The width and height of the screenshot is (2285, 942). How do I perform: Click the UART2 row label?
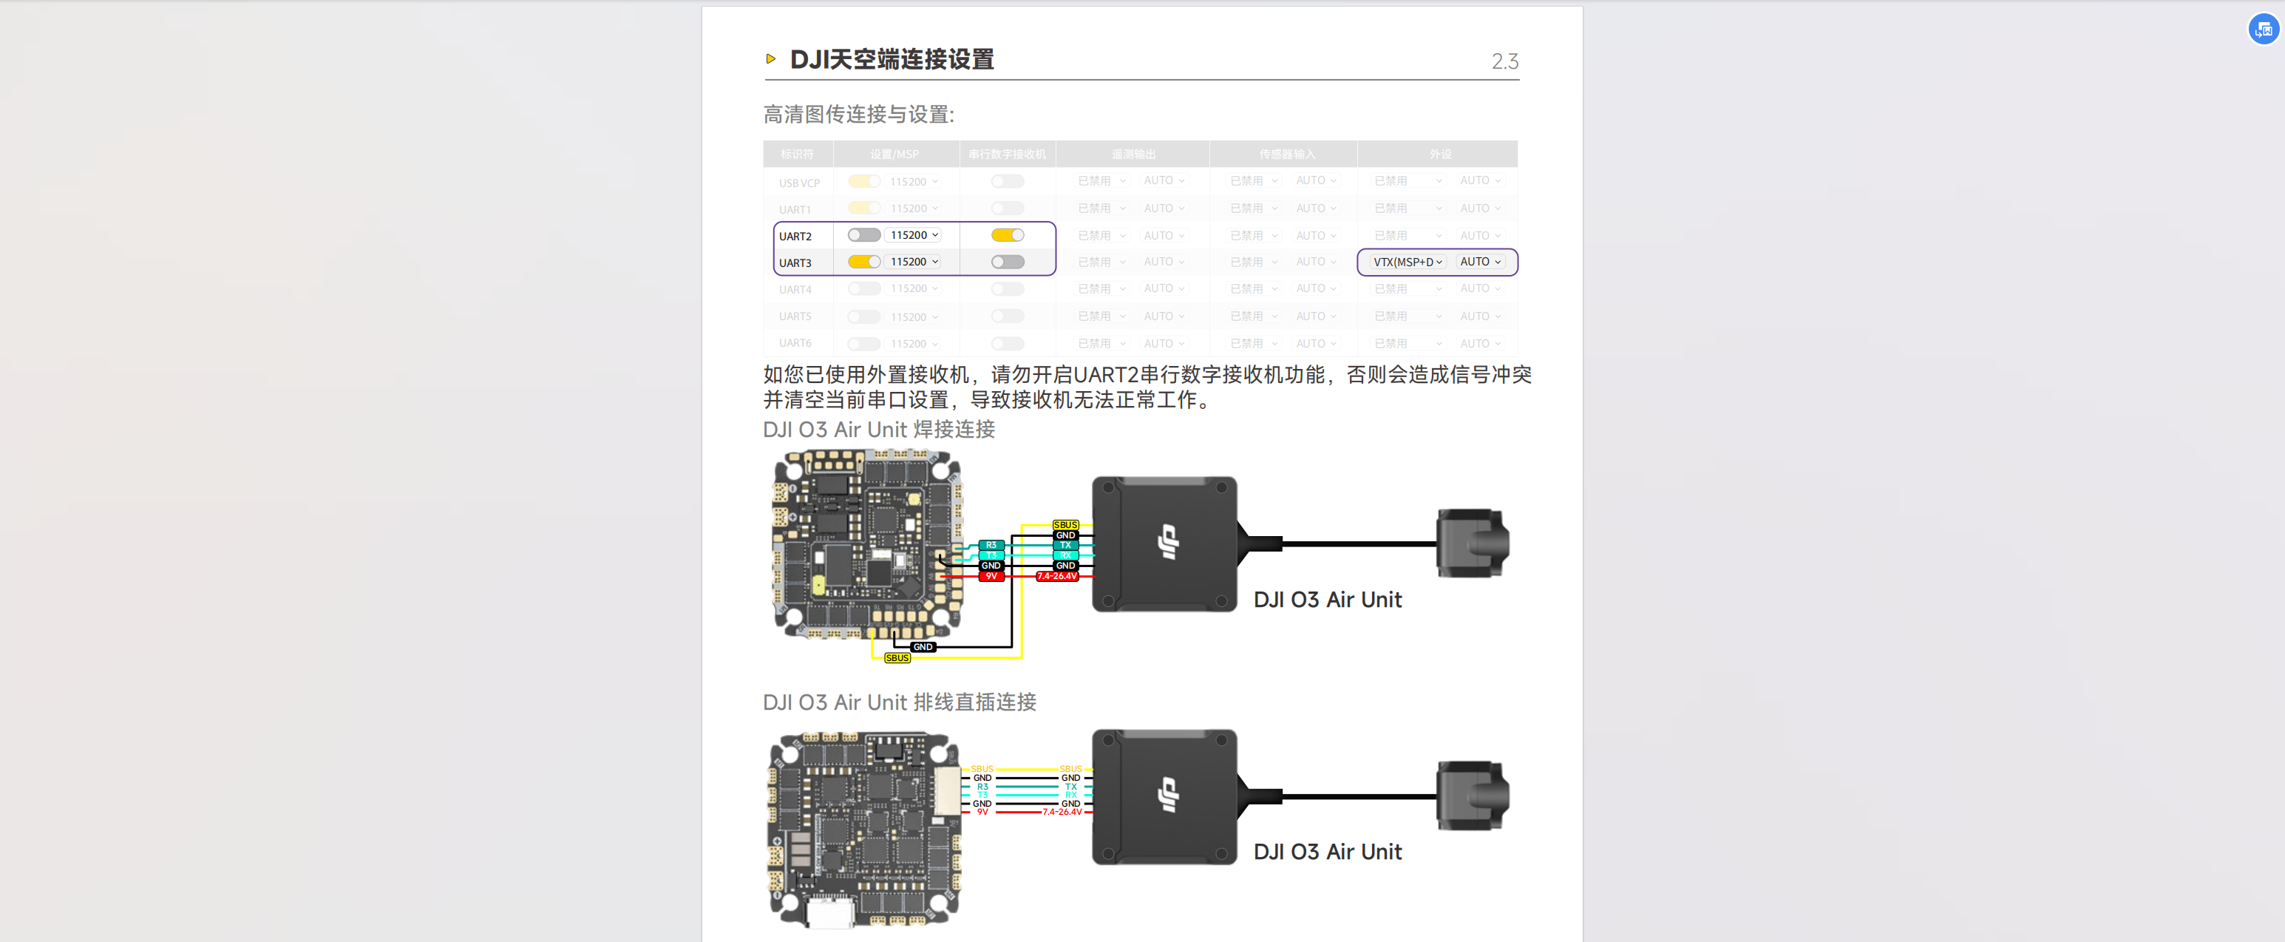[x=795, y=236]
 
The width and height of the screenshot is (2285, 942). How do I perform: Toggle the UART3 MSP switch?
[x=863, y=262]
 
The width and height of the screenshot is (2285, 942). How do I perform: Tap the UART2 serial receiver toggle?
[x=1007, y=235]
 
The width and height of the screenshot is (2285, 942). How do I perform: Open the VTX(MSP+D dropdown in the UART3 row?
[x=1407, y=262]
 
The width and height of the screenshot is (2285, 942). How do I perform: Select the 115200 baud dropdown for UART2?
[x=914, y=235]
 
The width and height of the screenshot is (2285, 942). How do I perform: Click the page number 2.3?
[x=1504, y=61]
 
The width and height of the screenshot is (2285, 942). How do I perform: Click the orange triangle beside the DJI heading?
[x=771, y=58]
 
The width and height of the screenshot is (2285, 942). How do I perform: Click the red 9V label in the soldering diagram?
[x=991, y=577]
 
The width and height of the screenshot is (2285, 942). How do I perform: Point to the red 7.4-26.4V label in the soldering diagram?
[x=1057, y=577]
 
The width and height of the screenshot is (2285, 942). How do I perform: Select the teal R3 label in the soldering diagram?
[x=991, y=545]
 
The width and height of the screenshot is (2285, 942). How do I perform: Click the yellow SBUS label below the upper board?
[x=897, y=658]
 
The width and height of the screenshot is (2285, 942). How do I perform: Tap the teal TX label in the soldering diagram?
[x=1065, y=545]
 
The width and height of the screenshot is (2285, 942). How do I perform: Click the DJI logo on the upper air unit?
[x=1168, y=542]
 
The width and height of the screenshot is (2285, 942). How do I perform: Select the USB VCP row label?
[x=799, y=183]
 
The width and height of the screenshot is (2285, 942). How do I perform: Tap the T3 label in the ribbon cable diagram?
[x=983, y=795]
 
